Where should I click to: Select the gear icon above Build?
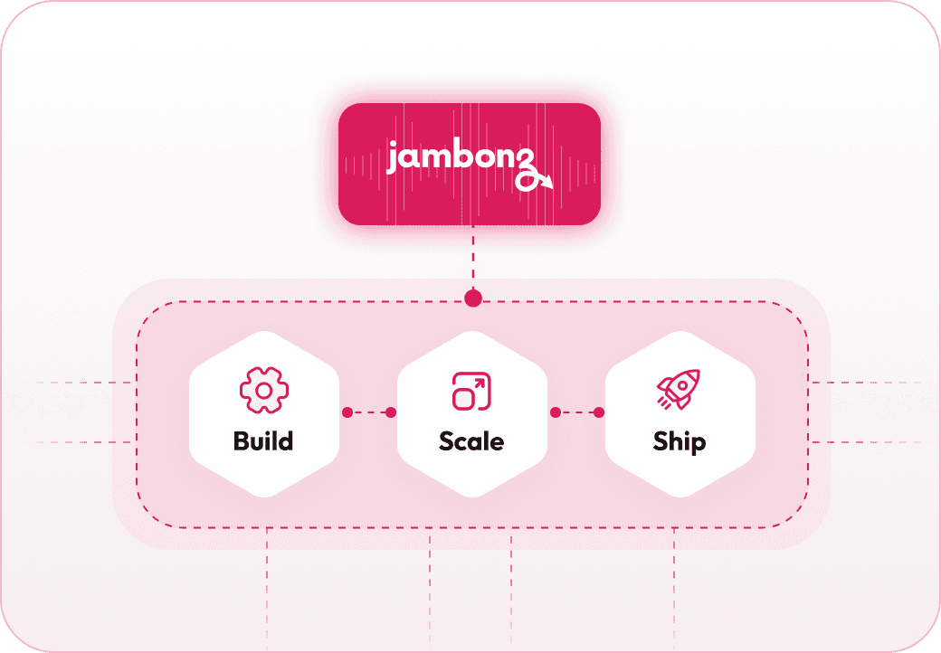pos(262,390)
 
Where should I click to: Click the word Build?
pos(262,441)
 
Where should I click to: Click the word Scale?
pos(470,441)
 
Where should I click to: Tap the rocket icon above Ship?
pos(679,390)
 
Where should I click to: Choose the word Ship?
pos(679,441)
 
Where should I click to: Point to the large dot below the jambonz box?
pos(471,299)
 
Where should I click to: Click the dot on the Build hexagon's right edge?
pos(347,412)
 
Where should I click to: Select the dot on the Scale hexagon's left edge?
pos(391,412)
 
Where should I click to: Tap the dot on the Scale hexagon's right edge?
pos(555,412)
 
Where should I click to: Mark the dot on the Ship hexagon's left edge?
pos(599,412)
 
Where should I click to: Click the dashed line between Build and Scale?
pos(369,412)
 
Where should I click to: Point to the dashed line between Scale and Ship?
pos(577,412)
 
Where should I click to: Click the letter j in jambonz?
pos(393,160)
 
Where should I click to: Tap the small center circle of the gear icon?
pos(262,390)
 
